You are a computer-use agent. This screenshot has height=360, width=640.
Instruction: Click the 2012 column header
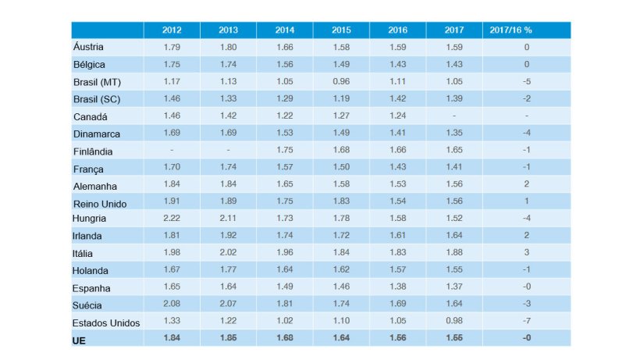point(172,30)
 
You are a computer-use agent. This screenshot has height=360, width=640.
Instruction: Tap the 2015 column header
point(341,30)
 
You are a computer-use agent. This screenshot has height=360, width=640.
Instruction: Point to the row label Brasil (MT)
point(97,82)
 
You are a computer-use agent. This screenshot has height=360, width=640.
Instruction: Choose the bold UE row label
point(79,340)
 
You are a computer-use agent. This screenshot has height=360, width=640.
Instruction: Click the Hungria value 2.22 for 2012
point(172,218)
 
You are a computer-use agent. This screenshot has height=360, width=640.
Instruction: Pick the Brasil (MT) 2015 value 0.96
point(341,81)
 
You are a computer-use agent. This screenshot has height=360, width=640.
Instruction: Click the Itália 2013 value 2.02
point(228,252)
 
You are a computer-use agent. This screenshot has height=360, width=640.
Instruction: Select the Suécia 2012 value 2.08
point(172,304)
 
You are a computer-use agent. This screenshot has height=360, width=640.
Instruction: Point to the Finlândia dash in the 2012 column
point(172,150)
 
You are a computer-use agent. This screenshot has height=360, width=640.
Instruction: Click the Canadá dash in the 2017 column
point(453,116)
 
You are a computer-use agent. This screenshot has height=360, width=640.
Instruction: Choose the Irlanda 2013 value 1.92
point(228,235)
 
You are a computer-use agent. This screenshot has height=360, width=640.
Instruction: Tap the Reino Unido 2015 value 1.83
point(341,201)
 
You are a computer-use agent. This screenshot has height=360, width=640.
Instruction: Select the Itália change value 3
point(526,252)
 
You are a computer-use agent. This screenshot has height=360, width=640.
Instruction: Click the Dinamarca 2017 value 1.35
point(453,133)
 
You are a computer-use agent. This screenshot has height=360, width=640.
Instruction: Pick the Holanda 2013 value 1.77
point(228,269)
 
